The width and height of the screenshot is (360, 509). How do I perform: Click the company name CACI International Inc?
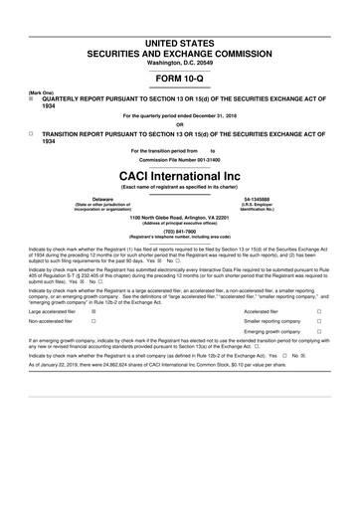click(180, 173)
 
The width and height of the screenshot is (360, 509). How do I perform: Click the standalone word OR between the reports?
click(180, 124)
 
